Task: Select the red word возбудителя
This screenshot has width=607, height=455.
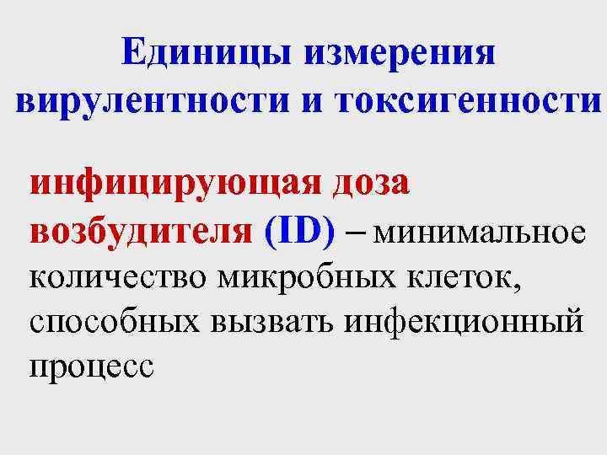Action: point(140,232)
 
